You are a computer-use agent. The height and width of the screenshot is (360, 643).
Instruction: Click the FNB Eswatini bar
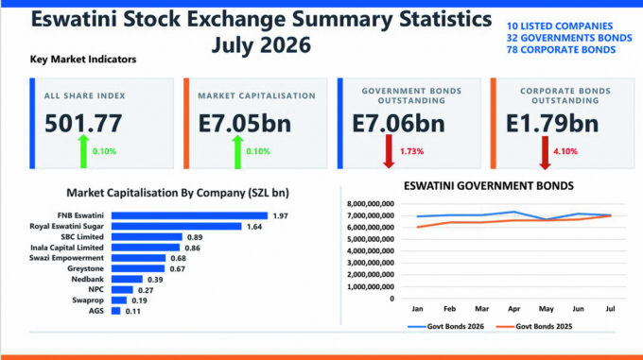tap(189, 215)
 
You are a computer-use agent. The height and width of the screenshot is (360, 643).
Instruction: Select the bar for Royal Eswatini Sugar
tap(176, 227)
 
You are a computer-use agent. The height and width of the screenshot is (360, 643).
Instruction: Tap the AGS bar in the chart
tap(116, 311)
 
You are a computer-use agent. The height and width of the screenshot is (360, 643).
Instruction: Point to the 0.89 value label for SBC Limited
tap(195, 237)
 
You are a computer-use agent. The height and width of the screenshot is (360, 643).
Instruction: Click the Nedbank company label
tap(87, 280)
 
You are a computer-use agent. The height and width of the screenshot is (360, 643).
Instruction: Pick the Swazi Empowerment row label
tap(66, 258)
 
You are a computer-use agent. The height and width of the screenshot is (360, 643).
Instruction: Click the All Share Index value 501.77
tap(83, 123)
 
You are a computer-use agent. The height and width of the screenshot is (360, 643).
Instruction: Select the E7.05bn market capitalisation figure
tap(245, 123)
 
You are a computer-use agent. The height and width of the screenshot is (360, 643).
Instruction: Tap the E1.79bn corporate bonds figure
tap(552, 123)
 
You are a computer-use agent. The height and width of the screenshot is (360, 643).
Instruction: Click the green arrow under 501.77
tap(83, 151)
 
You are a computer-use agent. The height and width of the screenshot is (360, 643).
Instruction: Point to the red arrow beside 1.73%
tap(389, 152)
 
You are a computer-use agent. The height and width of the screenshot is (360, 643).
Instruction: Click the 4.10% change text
tap(565, 151)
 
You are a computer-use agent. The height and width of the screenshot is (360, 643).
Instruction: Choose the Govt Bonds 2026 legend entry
tap(445, 326)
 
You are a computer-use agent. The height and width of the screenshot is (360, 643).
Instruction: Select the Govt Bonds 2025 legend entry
tap(534, 326)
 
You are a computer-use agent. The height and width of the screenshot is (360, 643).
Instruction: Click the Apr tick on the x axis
tap(513, 309)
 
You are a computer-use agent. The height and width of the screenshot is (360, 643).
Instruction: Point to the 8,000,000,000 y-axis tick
tap(371, 204)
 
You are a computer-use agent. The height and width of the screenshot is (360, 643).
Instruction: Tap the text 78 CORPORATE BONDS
tap(561, 49)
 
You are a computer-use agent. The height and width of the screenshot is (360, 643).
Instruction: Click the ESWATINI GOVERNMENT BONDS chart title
tap(489, 186)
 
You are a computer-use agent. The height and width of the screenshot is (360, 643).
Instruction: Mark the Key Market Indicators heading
tap(83, 60)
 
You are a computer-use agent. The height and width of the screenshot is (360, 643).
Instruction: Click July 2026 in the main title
tap(261, 44)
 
